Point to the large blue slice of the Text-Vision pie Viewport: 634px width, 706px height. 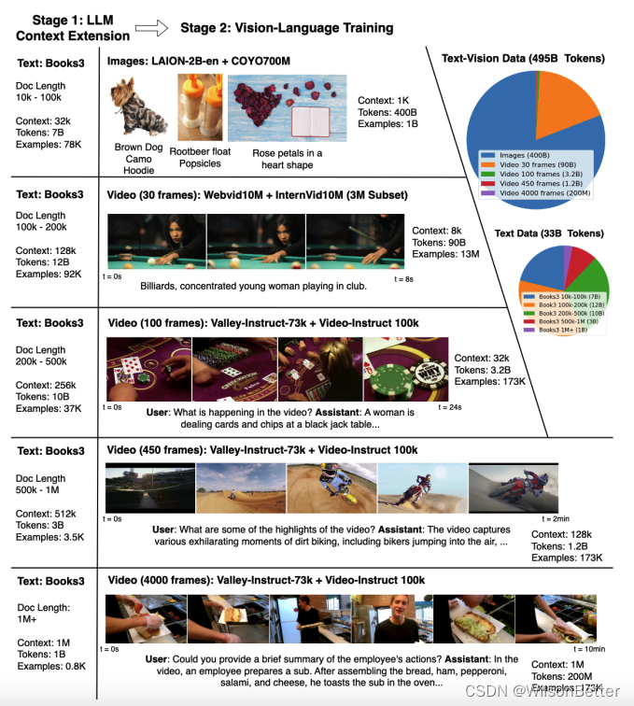pos(510,107)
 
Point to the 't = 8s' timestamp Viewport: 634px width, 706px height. pos(403,278)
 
